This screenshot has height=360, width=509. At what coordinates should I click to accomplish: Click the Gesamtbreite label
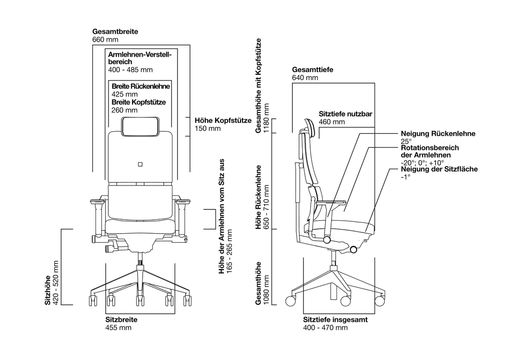(115, 31)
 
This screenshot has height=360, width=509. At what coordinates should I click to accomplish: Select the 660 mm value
(105, 40)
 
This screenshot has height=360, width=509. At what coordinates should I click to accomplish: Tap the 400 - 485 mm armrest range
(130, 70)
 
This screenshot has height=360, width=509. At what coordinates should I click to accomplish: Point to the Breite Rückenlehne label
(141, 87)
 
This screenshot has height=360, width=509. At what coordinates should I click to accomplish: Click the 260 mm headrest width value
(124, 110)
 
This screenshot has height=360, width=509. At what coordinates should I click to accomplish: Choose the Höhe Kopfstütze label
(223, 120)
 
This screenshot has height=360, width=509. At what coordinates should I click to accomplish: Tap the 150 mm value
(207, 128)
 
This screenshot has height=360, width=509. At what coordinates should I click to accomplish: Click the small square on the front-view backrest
(140, 164)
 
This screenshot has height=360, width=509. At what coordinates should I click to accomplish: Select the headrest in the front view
(141, 126)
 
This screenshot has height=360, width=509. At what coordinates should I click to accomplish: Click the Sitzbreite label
(121, 319)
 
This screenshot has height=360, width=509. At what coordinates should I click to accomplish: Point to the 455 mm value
(118, 328)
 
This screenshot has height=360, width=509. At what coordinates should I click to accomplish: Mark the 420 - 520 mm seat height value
(56, 283)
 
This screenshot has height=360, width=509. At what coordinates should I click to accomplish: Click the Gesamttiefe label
(312, 70)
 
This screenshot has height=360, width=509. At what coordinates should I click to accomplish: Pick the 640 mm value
(305, 78)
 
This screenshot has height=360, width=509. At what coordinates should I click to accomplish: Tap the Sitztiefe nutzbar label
(345, 114)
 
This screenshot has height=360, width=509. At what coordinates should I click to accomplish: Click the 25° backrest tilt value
(406, 141)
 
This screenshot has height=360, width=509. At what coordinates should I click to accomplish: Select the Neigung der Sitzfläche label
(439, 169)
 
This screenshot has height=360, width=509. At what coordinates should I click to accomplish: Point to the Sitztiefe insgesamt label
(336, 319)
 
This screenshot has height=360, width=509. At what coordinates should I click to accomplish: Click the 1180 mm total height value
(266, 118)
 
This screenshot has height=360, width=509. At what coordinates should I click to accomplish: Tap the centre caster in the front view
(140, 300)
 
